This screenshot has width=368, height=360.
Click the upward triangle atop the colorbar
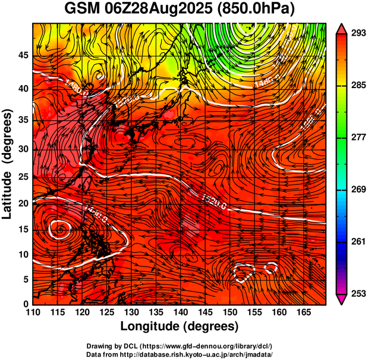pos(342,28)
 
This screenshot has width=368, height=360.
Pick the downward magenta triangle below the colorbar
pos(342,299)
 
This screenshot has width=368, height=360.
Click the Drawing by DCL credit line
pos(179,346)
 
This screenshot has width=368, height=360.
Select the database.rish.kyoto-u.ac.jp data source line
pos(179,354)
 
